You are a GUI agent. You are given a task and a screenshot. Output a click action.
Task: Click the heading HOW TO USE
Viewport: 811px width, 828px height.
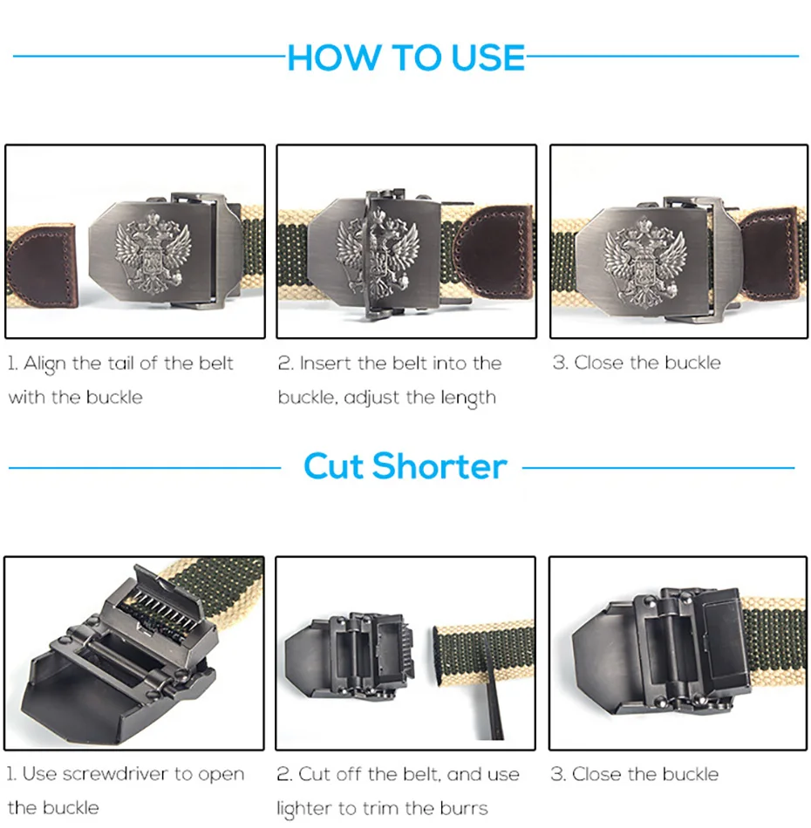[x=405, y=57]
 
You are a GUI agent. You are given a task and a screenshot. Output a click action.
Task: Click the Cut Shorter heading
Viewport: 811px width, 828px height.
[x=405, y=466]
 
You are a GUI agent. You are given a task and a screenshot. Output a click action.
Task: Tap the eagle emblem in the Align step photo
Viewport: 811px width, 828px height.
[x=153, y=253]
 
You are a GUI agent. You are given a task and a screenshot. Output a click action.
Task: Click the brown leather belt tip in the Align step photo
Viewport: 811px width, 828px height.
[x=42, y=265]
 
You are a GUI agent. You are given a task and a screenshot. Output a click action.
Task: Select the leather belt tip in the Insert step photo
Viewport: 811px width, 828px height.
[x=493, y=253]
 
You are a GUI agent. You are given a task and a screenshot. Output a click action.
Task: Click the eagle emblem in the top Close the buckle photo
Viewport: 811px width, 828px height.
[x=645, y=261]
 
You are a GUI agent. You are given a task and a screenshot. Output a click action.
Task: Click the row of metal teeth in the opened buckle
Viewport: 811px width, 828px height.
[x=164, y=609]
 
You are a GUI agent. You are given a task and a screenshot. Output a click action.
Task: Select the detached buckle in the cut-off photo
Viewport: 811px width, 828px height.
[x=349, y=654]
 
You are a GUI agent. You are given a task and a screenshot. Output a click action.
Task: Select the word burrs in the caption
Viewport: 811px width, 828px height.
[x=463, y=808]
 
